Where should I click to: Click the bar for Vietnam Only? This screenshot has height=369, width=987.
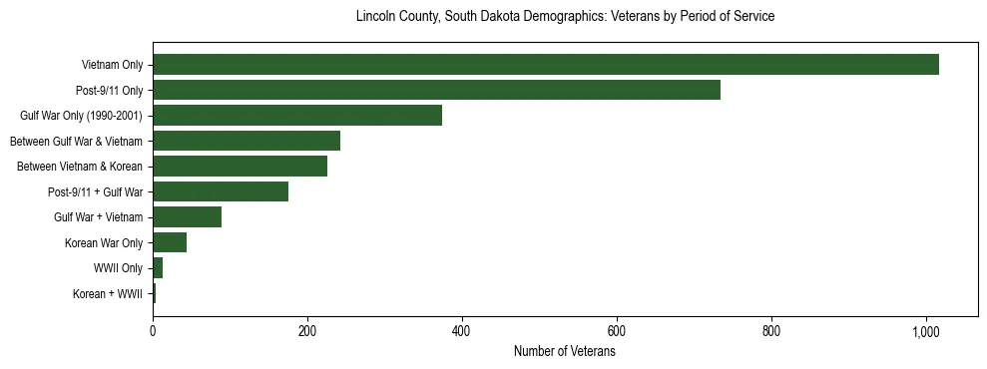click(x=545, y=65)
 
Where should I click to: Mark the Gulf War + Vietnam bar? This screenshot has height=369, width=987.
click(x=187, y=217)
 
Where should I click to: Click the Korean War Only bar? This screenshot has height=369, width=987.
click(x=170, y=242)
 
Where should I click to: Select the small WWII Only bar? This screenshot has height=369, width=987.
click(x=158, y=268)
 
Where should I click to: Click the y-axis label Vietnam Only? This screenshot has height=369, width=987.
click(x=112, y=66)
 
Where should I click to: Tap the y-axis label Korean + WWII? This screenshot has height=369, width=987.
click(x=108, y=294)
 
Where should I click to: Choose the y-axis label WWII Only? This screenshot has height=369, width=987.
click(x=118, y=268)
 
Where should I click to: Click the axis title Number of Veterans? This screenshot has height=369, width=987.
click(x=565, y=352)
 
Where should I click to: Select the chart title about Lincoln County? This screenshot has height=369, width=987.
click(x=565, y=17)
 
